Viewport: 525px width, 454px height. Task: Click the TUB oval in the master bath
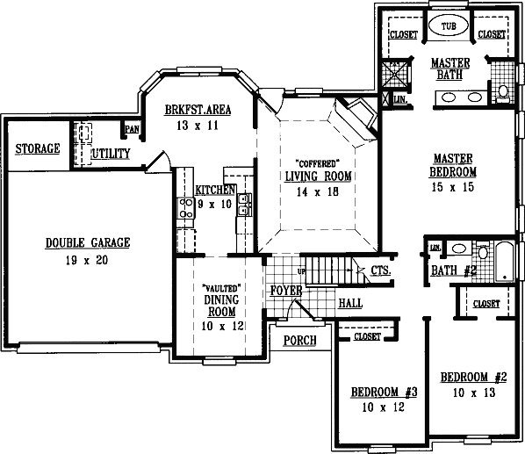pos(449,25)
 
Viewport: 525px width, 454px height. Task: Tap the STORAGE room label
pos(38,148)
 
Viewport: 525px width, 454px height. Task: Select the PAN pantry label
pos(133,129)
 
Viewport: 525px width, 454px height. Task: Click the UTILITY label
pos(111,154)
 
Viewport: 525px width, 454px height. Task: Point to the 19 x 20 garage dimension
pos(87,260)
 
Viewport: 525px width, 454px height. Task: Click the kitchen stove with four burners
pos(186,207)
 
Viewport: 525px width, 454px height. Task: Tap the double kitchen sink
pos(244,205)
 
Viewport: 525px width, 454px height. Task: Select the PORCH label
pos(300,340)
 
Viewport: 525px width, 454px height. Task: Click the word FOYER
pos(286,291)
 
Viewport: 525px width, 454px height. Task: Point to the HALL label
pos(350,303)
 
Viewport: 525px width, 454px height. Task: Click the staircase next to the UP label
pos(328,270)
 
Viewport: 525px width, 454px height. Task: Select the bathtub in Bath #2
pos(505,262)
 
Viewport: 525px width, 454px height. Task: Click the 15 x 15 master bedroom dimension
pos(453,187)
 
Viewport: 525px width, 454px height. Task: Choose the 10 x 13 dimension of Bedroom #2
pos(474,393)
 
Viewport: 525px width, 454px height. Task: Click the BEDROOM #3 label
pos(384,392)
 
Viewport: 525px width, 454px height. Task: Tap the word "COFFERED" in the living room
pos(318,163)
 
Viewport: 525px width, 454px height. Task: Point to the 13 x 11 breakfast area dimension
pos(198,126)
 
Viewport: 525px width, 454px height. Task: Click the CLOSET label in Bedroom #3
pos(367,336)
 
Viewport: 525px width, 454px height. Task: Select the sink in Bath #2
pos(458,249)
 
